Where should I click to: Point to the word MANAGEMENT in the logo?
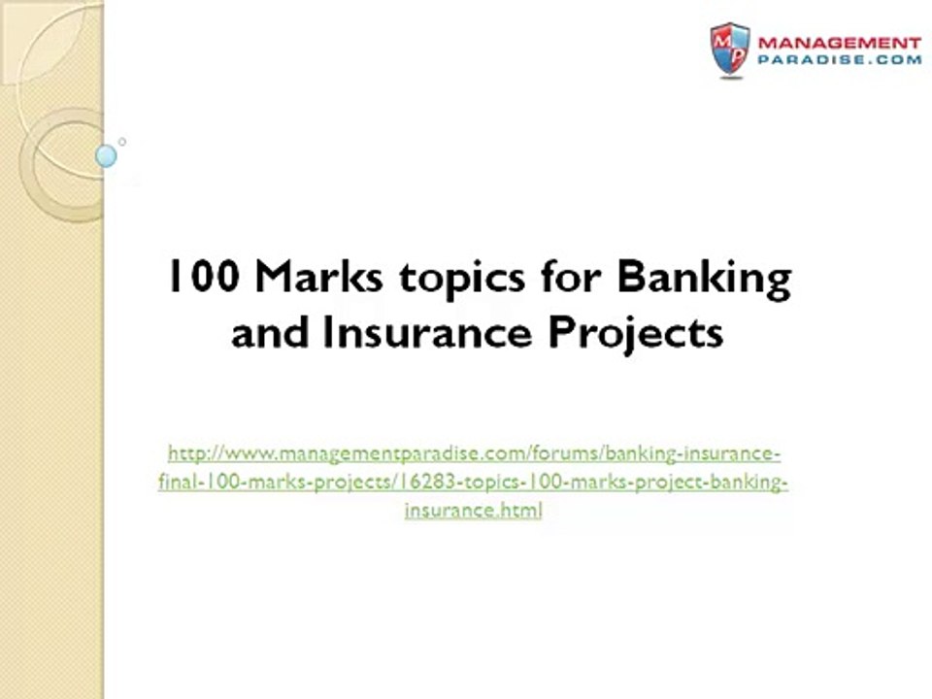[x=839, y=44]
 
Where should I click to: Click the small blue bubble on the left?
[x=107, y=155]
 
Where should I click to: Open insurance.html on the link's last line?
[x=473, y=510]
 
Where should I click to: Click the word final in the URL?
[x=176, y=482]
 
